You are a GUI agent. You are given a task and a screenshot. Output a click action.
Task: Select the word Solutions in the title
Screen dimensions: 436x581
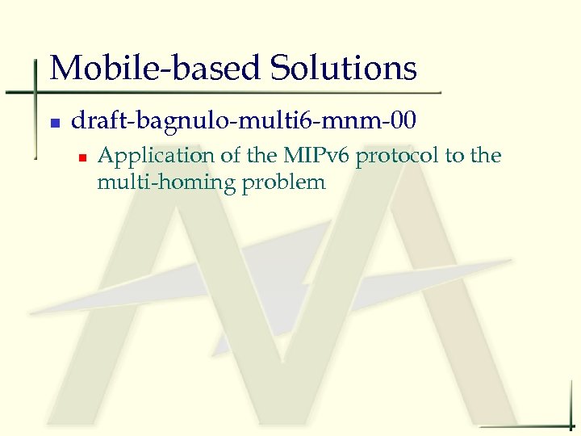(344, 68)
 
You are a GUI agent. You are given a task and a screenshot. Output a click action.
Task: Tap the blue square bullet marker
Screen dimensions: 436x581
(54, 124)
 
